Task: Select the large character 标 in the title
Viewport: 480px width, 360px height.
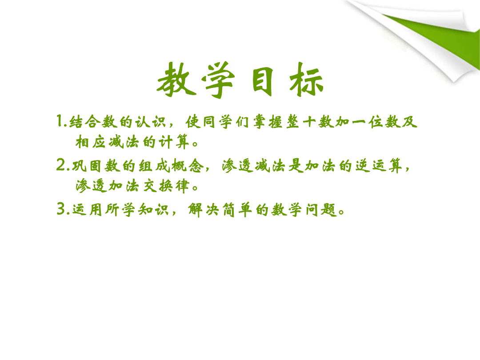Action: [306, 80]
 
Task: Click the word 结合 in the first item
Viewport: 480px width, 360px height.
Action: [85, 121]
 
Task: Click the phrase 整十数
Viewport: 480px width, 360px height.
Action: [309, 121]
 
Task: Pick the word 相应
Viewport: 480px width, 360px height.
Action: [91, 142]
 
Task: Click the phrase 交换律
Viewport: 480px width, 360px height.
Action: [166, 186]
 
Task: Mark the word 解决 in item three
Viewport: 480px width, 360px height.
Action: [203, 210]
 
